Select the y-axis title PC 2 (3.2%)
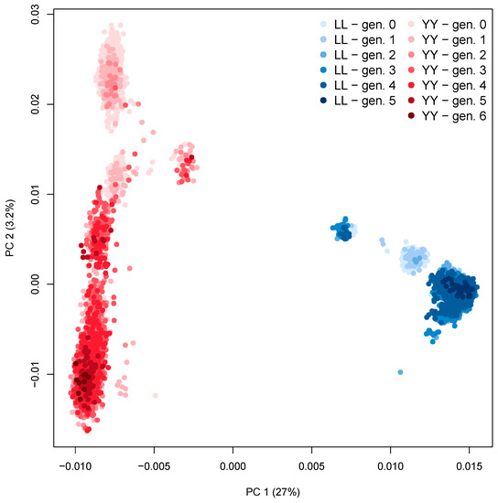click(x=11, y=233)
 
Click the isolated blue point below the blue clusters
click(x=400, y=372)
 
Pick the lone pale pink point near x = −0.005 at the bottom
click(x=155, y=395)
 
